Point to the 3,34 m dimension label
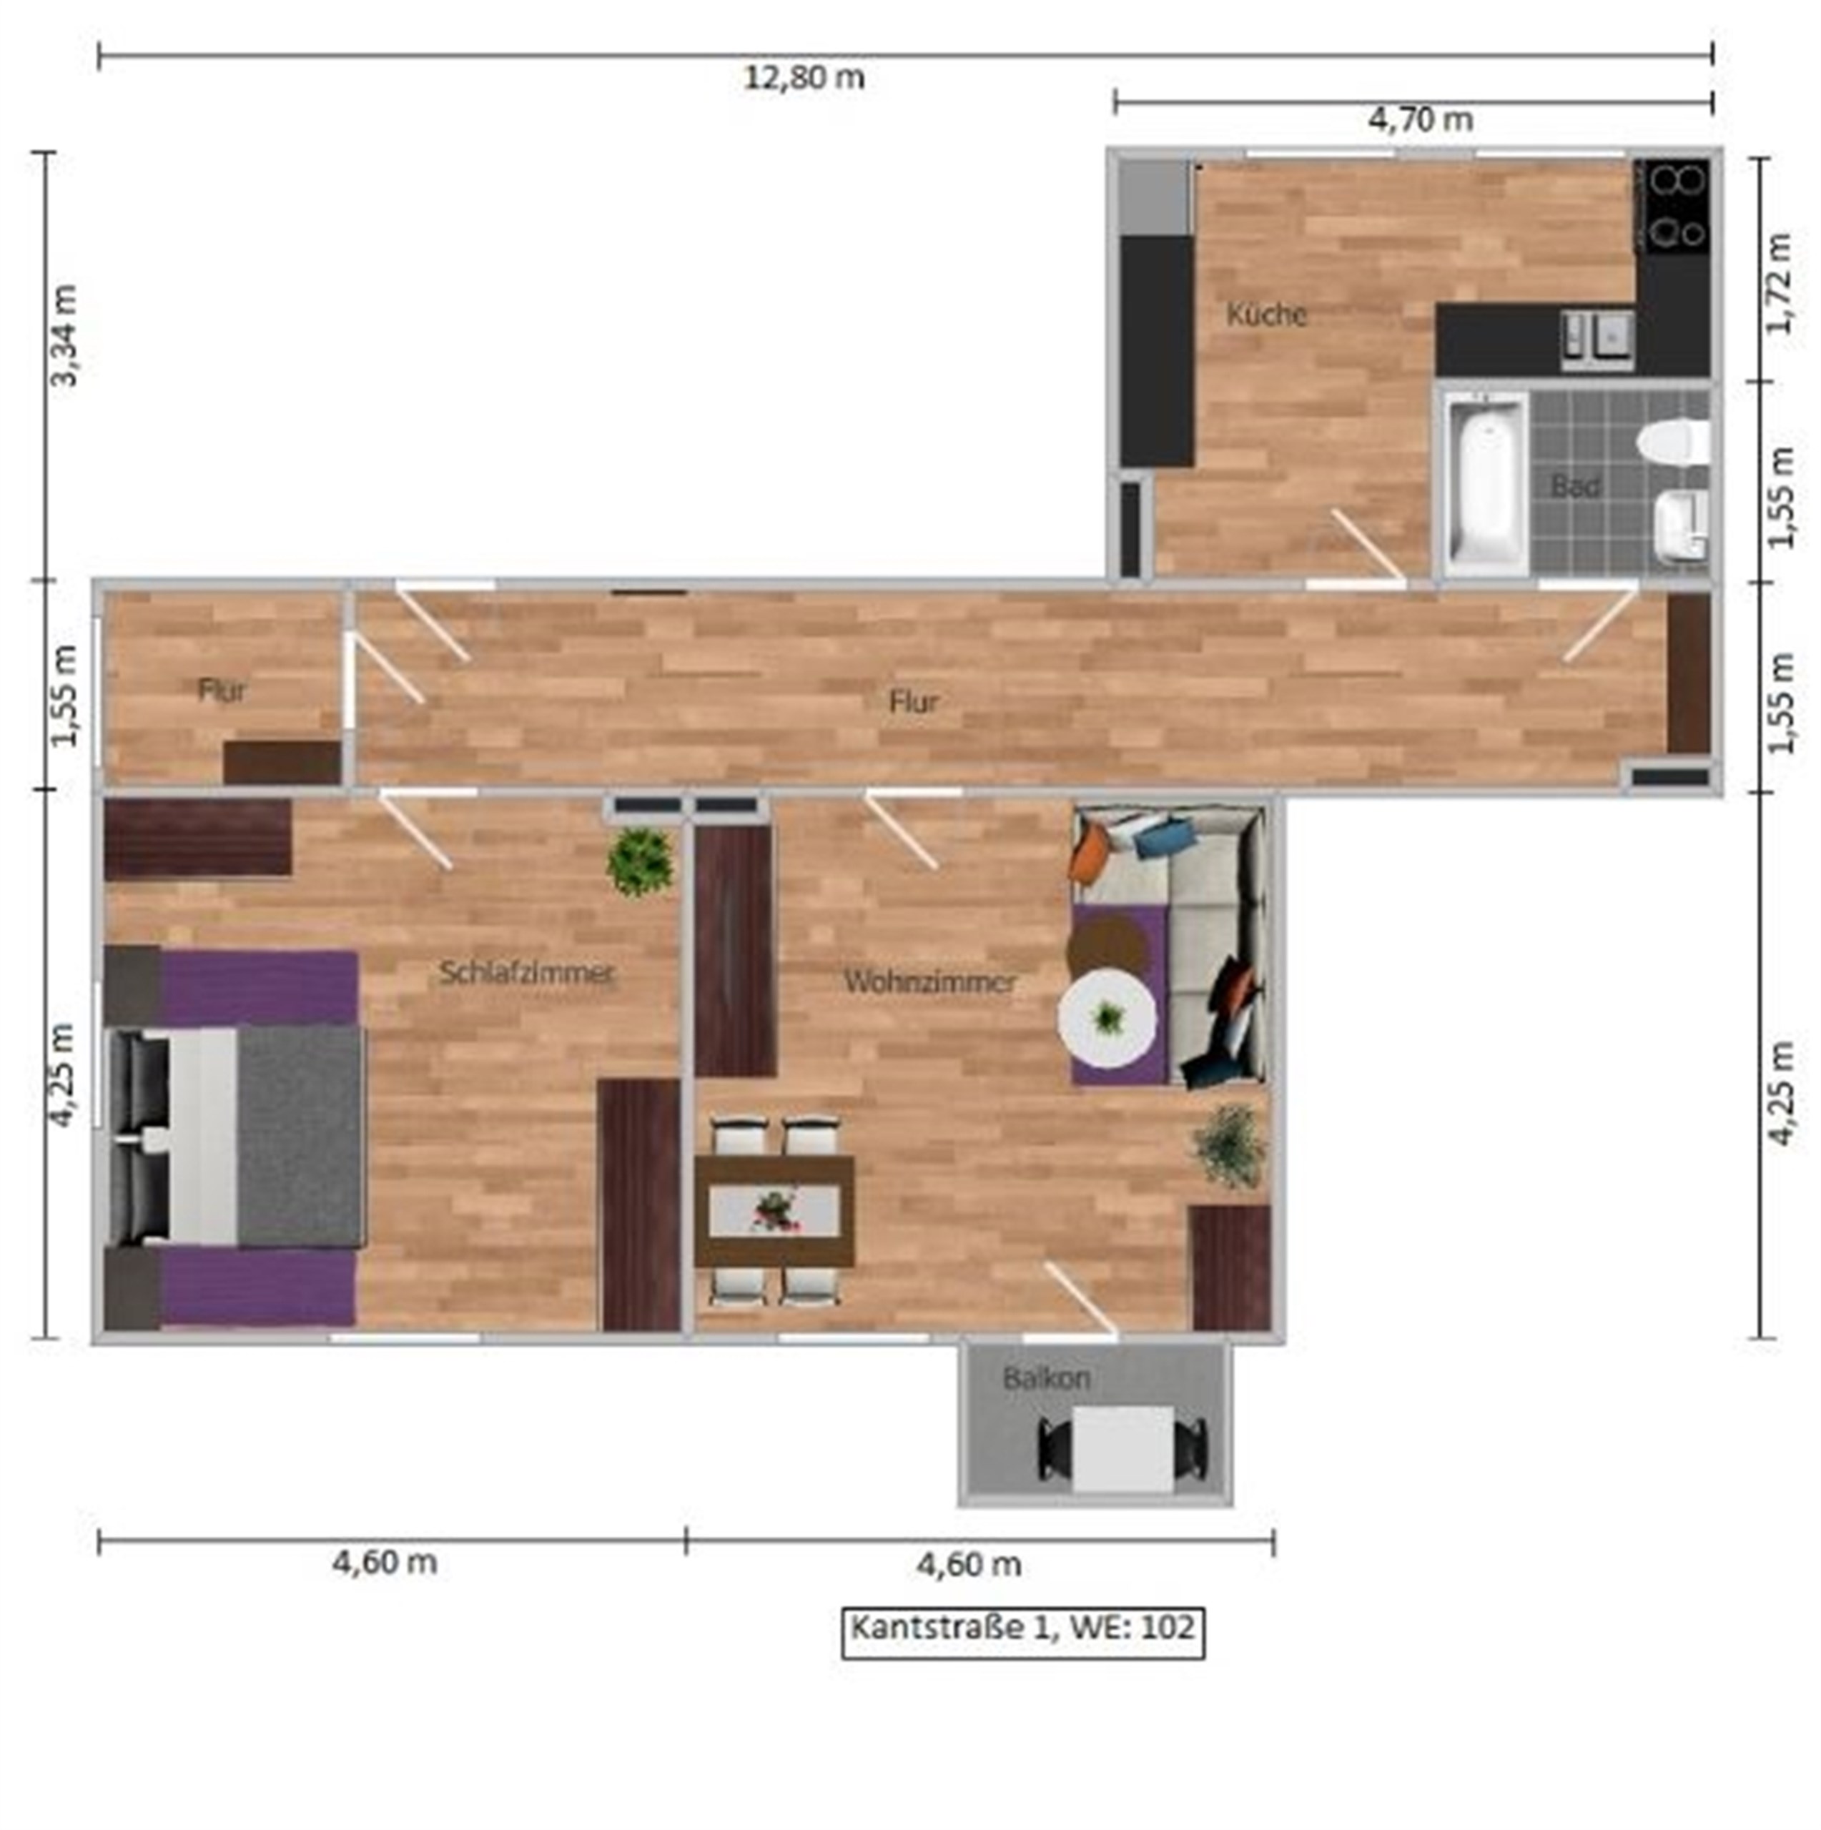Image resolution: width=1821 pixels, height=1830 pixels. point(65,335)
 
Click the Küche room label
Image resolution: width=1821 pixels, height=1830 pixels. point(1267,315)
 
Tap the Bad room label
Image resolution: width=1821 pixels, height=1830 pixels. point(1576,487)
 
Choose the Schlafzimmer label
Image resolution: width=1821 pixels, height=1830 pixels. point(527,973)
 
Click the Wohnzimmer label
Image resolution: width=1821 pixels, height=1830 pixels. point(929,981)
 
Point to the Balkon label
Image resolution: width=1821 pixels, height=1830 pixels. point(1047,1378)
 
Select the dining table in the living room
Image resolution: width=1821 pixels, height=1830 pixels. point(775,1210)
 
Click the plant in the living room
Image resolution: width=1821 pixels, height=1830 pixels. point(1229,1146)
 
